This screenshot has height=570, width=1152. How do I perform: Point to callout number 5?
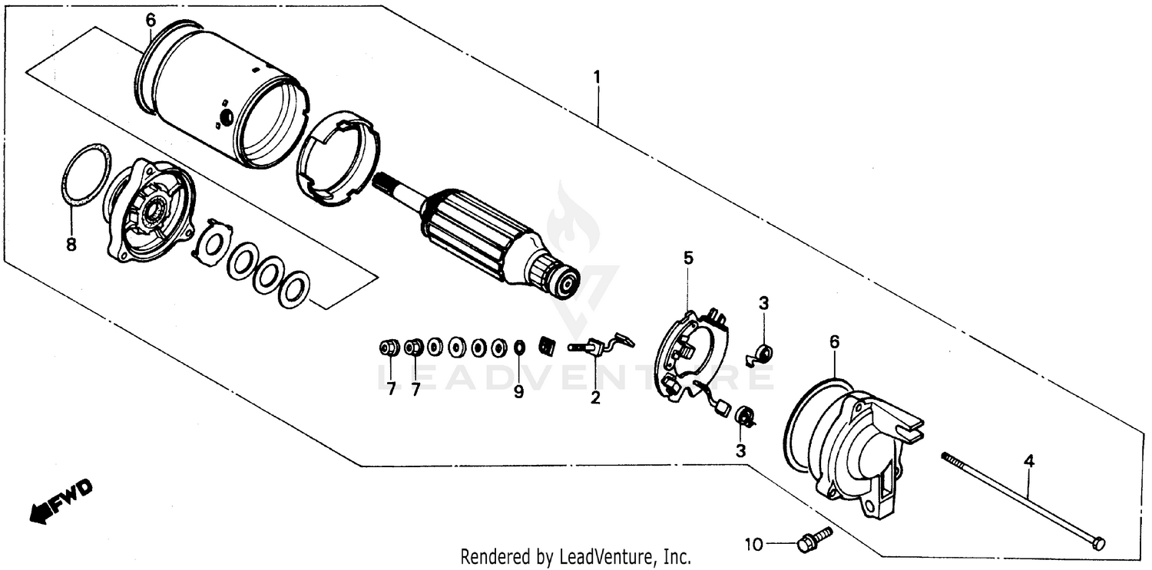pos(688,258)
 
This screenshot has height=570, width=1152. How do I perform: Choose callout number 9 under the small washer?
pos(518,392)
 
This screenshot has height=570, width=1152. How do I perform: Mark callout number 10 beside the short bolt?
pos(754,545)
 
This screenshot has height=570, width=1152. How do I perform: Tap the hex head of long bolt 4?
pos(1098,543)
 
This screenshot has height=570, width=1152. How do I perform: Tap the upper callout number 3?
pos(763,303)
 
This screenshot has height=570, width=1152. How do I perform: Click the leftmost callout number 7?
pos(391,390)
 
